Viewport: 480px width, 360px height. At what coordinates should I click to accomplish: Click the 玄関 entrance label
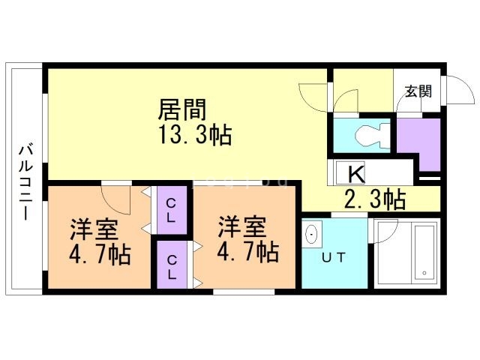point(418,91)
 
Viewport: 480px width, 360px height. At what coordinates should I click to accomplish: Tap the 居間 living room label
point(181,110)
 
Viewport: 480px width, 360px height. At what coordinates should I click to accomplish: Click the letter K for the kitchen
point(356,174)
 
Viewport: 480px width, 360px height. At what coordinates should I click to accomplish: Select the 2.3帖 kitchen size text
point(374,199)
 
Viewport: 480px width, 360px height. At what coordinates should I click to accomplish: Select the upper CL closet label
point(171,211)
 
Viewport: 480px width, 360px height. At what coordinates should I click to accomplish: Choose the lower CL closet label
point(171,267)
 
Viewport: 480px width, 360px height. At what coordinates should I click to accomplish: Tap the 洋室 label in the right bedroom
point(241,225)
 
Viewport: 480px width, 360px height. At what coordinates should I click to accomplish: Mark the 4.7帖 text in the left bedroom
point(99,254)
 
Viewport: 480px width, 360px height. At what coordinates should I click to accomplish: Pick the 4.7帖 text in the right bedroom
point(247,250)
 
